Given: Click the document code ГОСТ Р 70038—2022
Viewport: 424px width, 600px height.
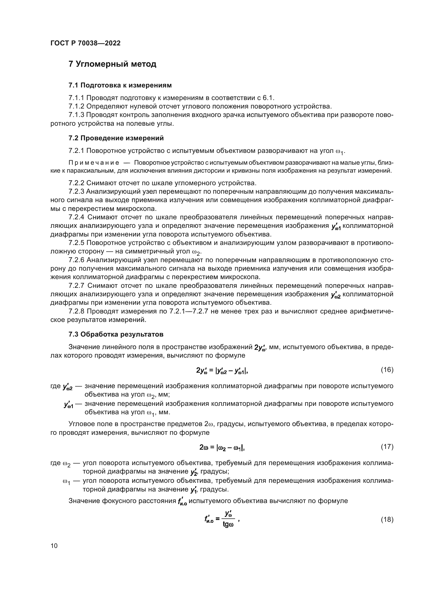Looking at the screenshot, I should pos(85,43).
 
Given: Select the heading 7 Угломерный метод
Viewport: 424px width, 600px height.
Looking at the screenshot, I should pos(112,64).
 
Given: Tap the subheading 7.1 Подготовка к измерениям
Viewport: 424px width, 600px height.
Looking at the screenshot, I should pos(120,85).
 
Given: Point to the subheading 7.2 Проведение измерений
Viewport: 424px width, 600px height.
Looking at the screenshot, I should pos(116,138).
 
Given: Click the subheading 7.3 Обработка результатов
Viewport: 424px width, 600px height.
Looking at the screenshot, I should pos(116,334).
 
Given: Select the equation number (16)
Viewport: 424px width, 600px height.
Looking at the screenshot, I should pos(387,370).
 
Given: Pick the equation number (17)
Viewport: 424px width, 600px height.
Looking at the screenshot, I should pos(387,447).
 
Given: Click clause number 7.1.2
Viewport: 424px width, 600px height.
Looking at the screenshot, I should pos(76,106).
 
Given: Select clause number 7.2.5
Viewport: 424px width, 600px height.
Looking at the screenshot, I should pos(76,243).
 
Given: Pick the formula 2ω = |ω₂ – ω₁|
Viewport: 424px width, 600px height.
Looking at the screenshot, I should pos(222,448).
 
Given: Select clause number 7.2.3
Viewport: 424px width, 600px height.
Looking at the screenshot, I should pos(76,192).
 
